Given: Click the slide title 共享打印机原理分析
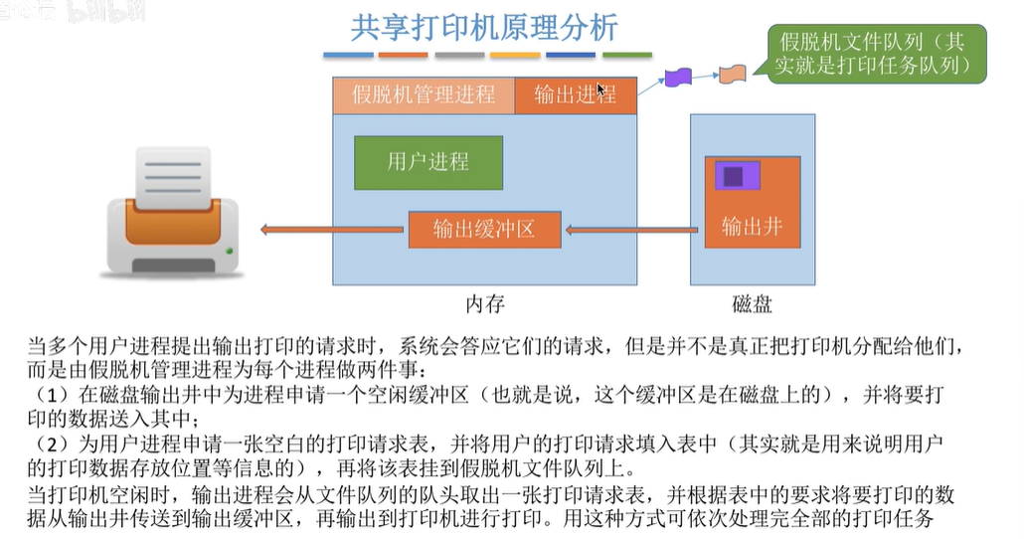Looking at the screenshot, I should [x=485, y=27].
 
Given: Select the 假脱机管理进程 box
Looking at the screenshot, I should [x=424, y=95].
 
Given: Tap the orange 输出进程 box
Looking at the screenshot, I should [x=576, y=95].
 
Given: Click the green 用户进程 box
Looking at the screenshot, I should [x=427, y=162].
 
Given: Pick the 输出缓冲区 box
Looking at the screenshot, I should [x=484, y=229].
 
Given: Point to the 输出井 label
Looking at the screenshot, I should [x=752, y=226].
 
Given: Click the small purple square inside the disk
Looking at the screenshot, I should [x=734, y=176].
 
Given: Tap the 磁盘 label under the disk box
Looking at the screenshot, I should [x=752, y=303].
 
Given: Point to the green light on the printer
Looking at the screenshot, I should [x=232, y=250].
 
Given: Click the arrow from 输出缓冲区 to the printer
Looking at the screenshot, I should [x=334, y=231].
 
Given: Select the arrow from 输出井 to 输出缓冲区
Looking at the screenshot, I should [x=633, y=231].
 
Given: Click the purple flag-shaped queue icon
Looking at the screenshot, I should [x=678, y=76].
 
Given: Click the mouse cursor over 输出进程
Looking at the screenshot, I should [x=601, y=89].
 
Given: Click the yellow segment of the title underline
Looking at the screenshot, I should [x=515, y=55].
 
